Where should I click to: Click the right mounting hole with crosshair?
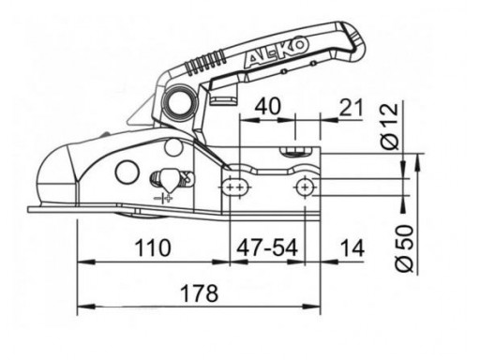click(x=305, y=188)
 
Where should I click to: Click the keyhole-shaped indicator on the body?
click(x=165, y=178)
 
